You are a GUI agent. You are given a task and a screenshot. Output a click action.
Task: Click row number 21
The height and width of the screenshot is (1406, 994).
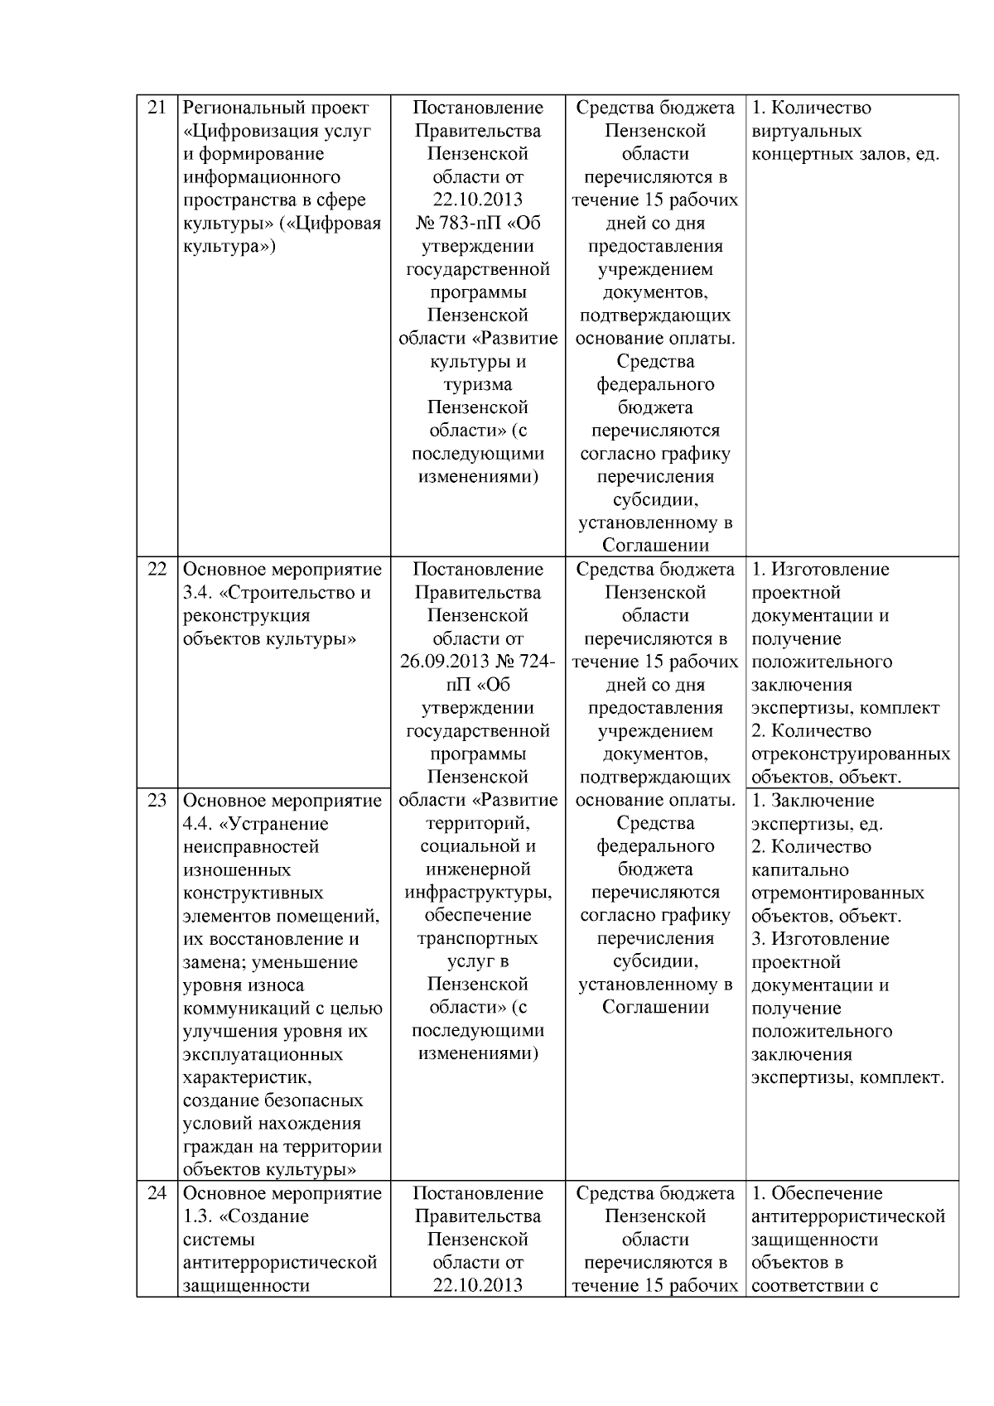click(157, 108)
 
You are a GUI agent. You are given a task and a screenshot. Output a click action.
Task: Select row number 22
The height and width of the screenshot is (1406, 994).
click(157, 570)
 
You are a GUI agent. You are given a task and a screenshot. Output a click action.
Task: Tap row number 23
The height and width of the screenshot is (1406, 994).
click(157, 801)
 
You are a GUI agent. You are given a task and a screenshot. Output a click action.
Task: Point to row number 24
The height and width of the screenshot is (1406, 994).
click(157, 1193)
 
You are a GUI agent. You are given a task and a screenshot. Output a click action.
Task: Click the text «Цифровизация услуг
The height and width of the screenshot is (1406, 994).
click(277, 131)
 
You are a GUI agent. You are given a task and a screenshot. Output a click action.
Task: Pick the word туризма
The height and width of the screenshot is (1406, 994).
click(478, 385)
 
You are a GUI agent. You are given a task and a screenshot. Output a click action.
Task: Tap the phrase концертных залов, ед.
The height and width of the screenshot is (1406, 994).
click(845, 154)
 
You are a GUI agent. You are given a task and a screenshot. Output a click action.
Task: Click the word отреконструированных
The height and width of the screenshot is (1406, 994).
click(851, 754)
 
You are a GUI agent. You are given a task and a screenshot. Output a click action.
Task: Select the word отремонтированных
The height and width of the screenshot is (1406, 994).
click(837, 893)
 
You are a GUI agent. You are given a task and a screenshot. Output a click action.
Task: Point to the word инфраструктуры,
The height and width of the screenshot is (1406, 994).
click(478, 893)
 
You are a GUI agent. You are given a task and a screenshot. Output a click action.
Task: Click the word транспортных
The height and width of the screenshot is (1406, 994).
click(478, 939)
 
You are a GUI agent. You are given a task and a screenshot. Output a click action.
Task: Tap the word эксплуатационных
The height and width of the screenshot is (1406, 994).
click(263, 1055)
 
